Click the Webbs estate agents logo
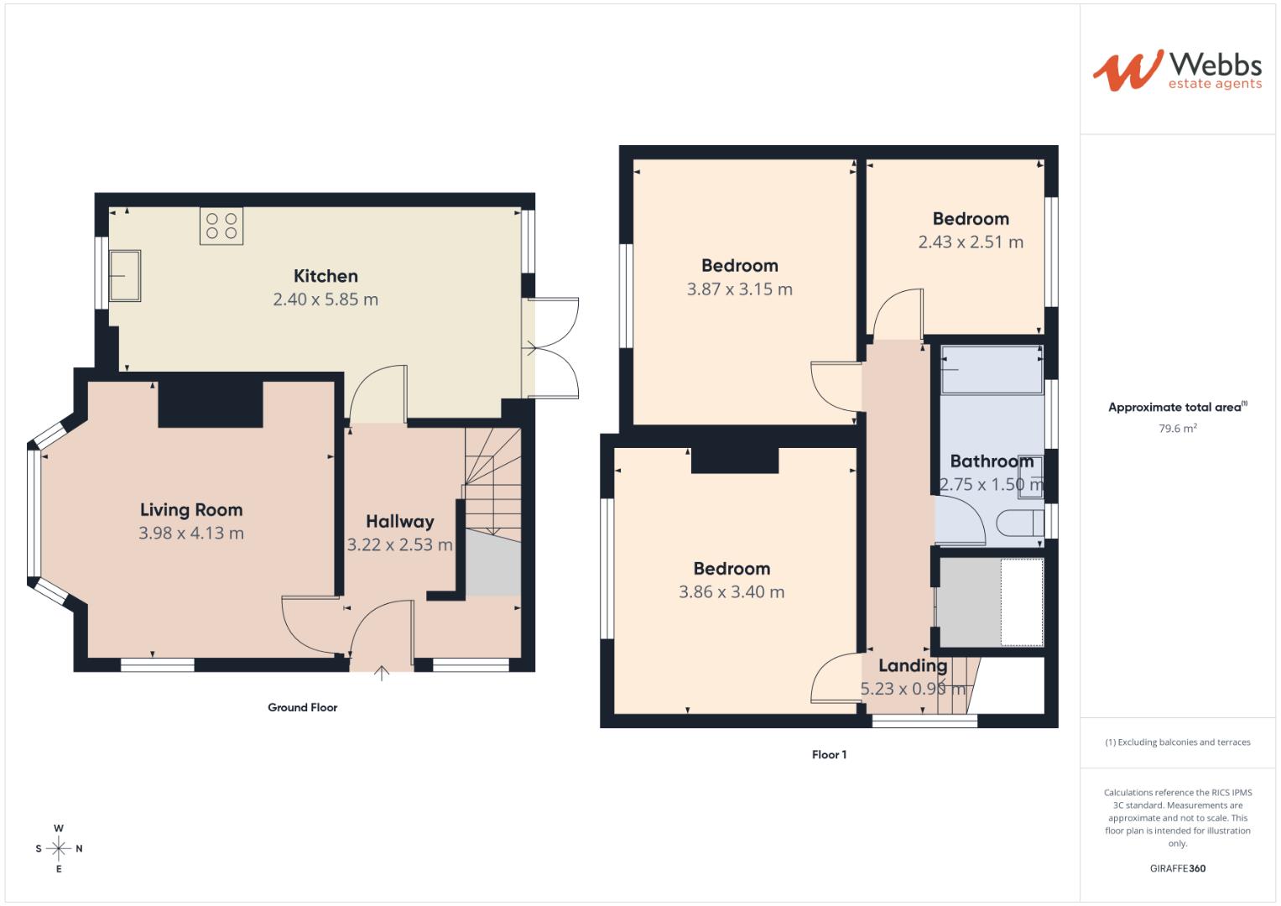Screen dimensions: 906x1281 (1176, 70)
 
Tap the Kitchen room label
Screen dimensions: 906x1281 (325, 276)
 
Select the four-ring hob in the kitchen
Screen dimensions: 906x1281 (221, 226)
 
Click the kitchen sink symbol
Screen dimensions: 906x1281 (125, 275)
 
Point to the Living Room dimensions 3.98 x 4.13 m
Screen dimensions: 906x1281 (191, 534)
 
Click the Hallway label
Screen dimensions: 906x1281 (400, 522)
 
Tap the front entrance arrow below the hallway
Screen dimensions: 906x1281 (382, 673)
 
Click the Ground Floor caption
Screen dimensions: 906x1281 (302, 708)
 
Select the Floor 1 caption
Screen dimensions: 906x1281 (829, 755)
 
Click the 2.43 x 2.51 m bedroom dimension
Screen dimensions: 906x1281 (971, 242)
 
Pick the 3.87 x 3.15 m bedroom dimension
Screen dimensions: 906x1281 (739, 289)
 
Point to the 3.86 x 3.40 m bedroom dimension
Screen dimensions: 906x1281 (732, 592)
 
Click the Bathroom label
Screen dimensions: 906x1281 (992, 461)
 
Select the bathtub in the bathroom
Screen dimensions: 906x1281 (991, 369)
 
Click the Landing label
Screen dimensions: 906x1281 (913, 666)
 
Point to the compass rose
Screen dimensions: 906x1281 (59, 848)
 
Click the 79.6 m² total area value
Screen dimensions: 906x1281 (1178, 429)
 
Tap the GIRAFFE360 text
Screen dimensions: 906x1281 (1177, 868)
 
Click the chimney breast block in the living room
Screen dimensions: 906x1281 (211, 404)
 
